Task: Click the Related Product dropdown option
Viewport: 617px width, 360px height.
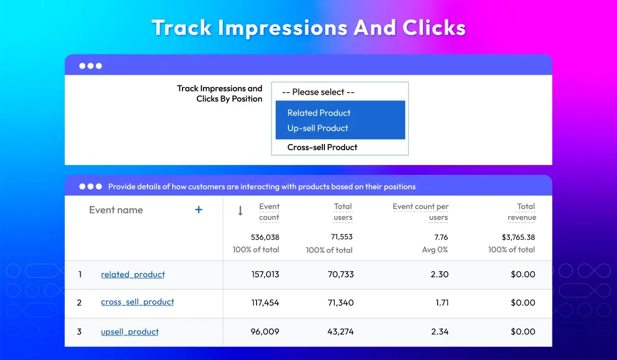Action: pyautogui.click(x=319, y=113)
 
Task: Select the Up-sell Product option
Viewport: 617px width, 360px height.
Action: pyautogui.click(x=318, y=128)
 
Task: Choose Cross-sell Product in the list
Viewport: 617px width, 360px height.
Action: pyautogui.click(x=322, y=148)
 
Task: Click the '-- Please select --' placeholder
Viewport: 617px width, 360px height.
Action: pyautogui.click(x=318, y=92)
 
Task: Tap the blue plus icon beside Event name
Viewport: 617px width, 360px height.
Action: pyautogui.click(x=198, y=210)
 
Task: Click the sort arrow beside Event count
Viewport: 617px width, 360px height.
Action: pyautogui.click(x=240, y=211)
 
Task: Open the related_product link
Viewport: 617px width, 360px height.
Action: pyautogui.click(x=133, y=274)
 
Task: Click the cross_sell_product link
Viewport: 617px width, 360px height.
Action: pyautogui.click(x=137, y=302)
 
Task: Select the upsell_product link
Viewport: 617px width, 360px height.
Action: pyautogui.click(x=130, y=332)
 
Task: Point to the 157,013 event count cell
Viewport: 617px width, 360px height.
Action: pyautogui.click(x=265, y=274)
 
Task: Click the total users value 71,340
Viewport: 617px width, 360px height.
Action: pyautogui.click(x=341, y=303)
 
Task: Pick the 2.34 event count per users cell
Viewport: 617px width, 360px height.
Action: pyautogui.click(x=440, y=332)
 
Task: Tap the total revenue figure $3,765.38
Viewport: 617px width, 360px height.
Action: pyautogui.click(x=518, y=237)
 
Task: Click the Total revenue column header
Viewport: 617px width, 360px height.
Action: pyautogui.click(x=522, y=212)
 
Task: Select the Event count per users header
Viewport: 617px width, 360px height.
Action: pyautogui.click(x=421, y=212)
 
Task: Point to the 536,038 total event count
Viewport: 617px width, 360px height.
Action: pyautogui.click(x=265, y=237)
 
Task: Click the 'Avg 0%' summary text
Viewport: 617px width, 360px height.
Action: pyautogui.click(x=435, y=250)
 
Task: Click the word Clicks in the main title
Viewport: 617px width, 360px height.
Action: pyautogui.click(x=434, y=28)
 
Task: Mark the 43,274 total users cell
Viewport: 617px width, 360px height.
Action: pyautogui.click(x=340, y=332)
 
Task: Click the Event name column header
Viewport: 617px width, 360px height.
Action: pyautogui.click(x=116, y=210)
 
